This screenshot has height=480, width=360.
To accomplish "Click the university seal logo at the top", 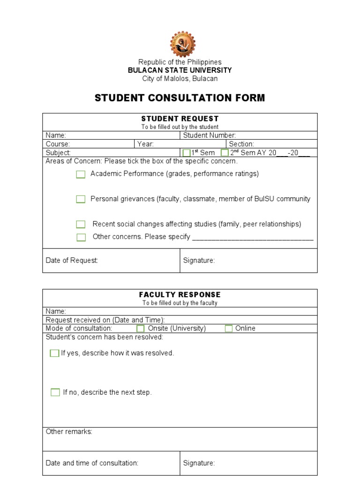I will coord(182,44).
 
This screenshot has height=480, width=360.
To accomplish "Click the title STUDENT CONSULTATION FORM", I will coord(180,98).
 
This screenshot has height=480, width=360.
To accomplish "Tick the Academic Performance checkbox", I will coord(81,174).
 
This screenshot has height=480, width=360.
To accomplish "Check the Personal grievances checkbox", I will coord(81,199).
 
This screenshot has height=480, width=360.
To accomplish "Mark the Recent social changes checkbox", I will coord(81,225).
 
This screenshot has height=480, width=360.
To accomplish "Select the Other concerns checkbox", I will coord(81,237).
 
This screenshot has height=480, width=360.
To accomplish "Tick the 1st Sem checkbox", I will coord(186,153).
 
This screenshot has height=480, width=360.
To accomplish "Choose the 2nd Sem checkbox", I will coord(225,153).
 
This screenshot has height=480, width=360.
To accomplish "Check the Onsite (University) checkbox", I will coord(140,329).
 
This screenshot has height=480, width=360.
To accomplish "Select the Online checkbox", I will coord(228,329).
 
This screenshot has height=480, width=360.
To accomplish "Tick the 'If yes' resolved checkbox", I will coord(54,353).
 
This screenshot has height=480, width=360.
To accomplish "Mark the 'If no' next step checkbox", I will coord(55,392).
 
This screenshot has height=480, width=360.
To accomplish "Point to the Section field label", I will coord(241,144).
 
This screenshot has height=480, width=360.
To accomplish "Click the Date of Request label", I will coord(72,261).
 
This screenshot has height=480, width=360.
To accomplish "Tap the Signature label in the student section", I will coord(199,261).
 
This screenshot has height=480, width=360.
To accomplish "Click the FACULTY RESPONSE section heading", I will coord(180,295).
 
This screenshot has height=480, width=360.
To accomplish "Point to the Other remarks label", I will coord(69,432).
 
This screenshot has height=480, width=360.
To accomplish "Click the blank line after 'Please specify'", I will coord(253,237).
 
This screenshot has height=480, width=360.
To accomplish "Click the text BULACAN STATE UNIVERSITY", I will coord(180,70).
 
